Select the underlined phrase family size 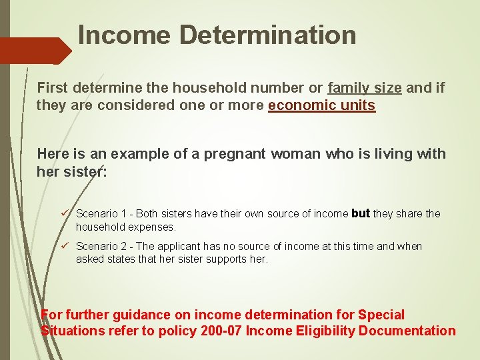pyautogui.click(x=365, y=87)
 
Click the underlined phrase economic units pyautogui.click(x=322, y=105)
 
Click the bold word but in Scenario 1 pyautogui.click(x=360, y=213)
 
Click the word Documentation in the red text pyautogui.click(x=407, y=331)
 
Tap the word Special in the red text pyautogui.click(x=381, y=314)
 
